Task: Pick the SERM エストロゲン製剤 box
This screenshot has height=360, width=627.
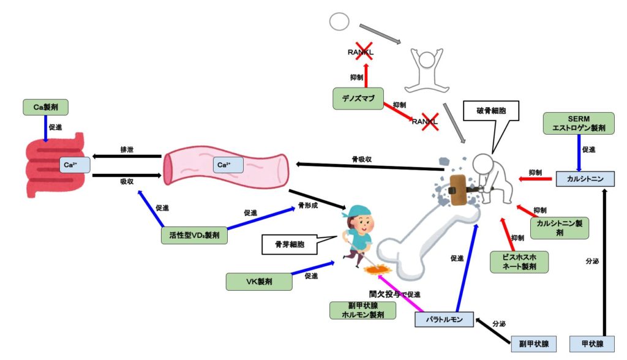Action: click(578, 124)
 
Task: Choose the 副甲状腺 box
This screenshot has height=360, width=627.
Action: click(535, 344)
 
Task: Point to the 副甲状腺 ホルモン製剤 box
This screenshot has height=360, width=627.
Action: click(362, 310)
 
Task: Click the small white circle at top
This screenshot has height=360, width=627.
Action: click(339, 21)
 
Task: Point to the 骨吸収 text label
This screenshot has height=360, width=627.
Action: click(362, 159)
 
